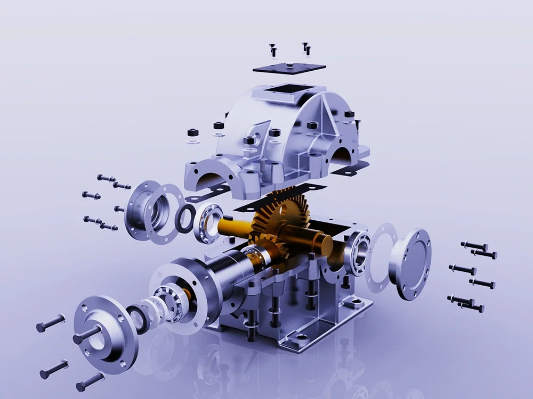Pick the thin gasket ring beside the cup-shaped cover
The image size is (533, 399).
[x=166, y=213]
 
